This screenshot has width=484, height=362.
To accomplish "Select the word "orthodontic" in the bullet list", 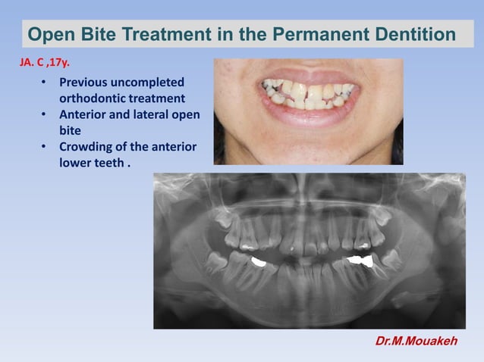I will [x=94, y=98].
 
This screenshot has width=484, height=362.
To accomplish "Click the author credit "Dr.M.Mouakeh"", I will [x=416, y=342].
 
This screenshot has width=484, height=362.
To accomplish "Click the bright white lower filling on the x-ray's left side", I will [x=258, y=263].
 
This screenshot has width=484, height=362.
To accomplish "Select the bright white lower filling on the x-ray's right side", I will [x=357, y=261].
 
